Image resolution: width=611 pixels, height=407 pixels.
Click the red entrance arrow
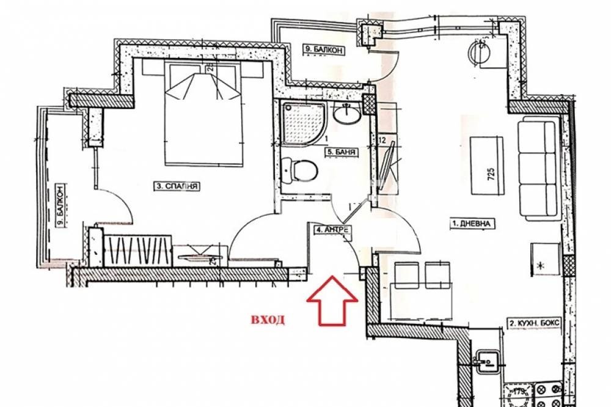[332, 299]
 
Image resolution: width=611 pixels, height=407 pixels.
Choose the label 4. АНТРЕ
[332, 230]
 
